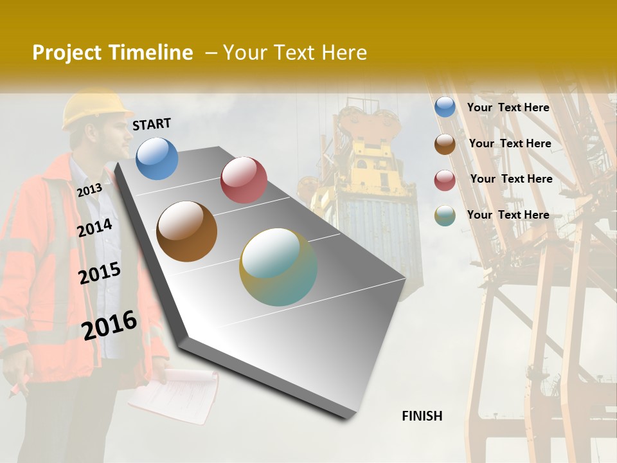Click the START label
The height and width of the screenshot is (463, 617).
[x=152, y=124]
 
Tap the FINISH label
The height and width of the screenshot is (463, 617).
[x=422, y=416]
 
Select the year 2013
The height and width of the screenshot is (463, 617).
[x=89, y=190]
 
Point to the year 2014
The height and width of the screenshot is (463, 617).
[x=94, y=228]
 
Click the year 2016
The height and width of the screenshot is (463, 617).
[x=109, y=325]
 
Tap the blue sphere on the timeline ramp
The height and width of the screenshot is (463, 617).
[x=157, y=158]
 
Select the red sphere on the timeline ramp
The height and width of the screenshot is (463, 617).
[x=244, y=180]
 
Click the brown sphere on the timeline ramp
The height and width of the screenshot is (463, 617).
[x=186, y=232]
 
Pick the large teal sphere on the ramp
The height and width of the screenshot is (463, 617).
[x=278, y=267]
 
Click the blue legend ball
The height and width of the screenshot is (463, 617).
[x=445, y=107]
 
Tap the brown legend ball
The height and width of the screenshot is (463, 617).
[x=445, y=144]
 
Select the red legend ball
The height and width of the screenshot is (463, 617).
[x=445, y=180]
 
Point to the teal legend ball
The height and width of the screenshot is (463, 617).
[x=445, y=215]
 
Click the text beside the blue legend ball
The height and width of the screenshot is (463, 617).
[x=508, y=107]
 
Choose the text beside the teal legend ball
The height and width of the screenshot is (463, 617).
[x=508, y=215]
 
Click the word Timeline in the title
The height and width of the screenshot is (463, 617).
[x=150, y=53]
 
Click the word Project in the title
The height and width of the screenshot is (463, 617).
[x=67, y=53]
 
